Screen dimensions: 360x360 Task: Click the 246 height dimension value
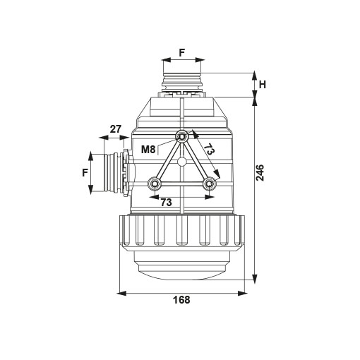(260, 173)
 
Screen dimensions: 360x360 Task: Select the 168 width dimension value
(181, 300)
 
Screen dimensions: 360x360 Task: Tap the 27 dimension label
(116, 129)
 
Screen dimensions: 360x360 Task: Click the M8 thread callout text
(148, 149)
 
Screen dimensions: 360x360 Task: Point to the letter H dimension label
(263, 85)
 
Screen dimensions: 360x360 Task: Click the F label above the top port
(181, 53)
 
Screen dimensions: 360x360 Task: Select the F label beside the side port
(85, 173)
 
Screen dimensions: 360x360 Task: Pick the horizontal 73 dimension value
(166, 202)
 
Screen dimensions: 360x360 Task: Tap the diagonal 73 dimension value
(209, 149)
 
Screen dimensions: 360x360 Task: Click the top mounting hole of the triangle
(181, 136)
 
